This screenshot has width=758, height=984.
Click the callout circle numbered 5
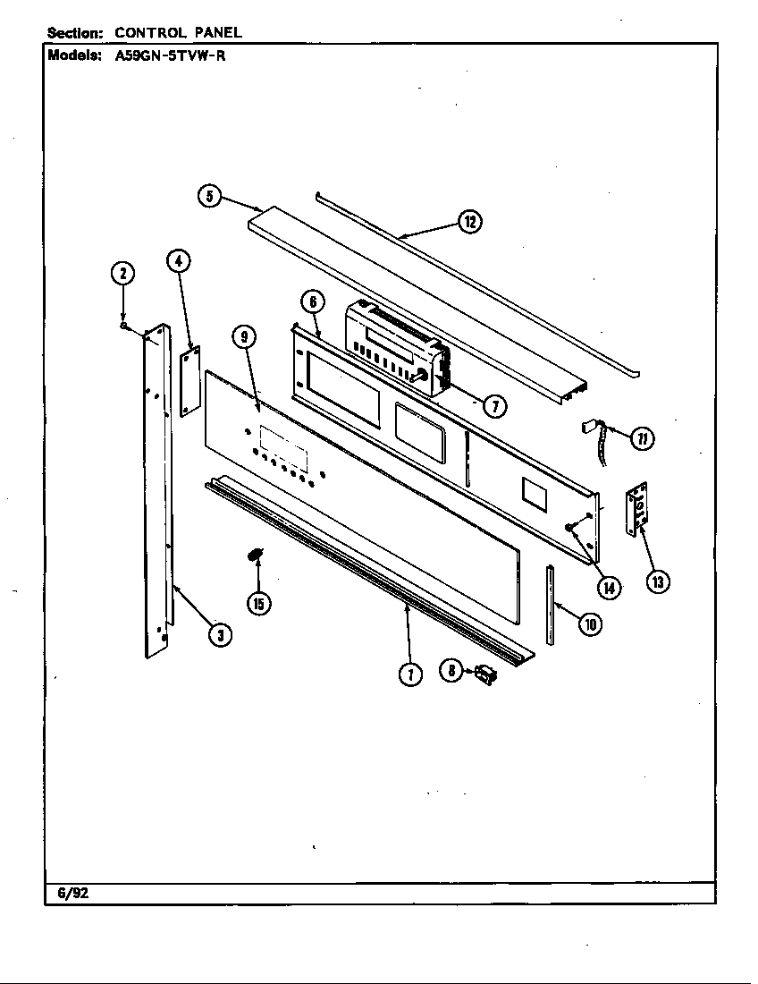209,196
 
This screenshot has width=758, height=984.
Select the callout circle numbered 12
469,222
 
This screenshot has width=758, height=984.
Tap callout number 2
122,274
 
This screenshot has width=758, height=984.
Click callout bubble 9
244,336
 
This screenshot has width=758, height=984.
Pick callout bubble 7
494,406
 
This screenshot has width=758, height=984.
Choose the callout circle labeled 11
642,438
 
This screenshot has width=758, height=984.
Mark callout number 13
658,581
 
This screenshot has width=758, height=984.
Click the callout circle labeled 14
609,587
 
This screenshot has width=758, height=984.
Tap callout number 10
590,624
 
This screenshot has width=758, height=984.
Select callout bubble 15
258,604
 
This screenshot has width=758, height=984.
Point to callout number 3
219,635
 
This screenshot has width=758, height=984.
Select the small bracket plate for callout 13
636,509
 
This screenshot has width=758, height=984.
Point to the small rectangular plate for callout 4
189,381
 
